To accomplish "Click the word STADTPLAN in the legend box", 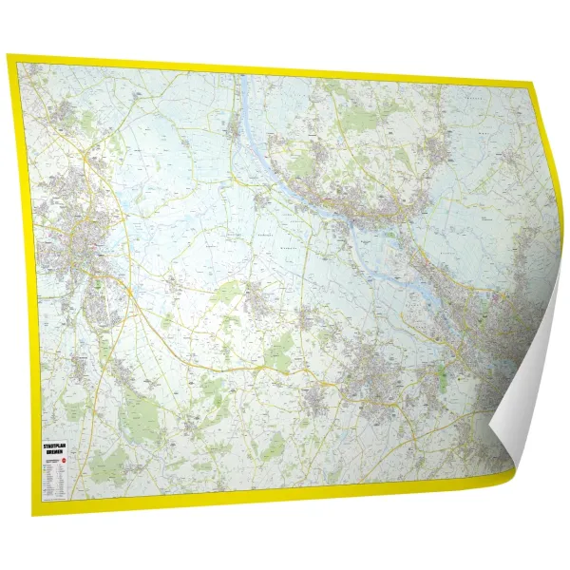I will point(57,445).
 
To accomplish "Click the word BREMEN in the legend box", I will point(57,452).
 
